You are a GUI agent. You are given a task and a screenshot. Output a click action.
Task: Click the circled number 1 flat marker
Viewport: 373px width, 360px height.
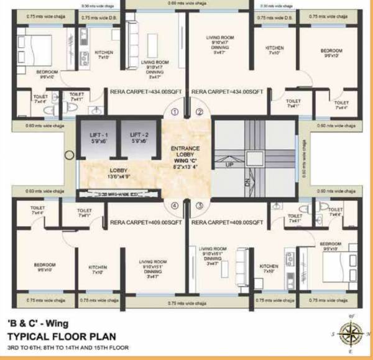point(175,112)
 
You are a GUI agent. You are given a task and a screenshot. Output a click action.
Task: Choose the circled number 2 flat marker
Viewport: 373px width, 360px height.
point(199,112)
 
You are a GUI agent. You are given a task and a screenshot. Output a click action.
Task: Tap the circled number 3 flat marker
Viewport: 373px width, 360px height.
point(199,205)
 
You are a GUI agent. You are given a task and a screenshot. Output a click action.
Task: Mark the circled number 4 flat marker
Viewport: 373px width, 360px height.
point(175,205)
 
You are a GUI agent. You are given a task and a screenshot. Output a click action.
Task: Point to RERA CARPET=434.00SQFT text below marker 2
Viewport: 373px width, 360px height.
point(228,91)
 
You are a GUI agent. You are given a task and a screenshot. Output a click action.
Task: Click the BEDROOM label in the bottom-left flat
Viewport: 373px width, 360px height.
point(45,267)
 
